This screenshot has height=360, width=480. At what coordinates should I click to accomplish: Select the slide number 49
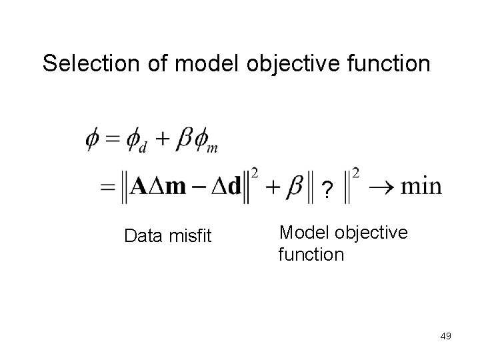click(x=446, y=336)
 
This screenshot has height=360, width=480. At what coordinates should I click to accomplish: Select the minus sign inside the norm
click(x=198, y=186)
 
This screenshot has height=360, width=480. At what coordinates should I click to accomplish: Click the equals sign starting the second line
click(x=107, y=187)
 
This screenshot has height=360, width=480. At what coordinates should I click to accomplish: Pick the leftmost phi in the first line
click(x=95, y=141)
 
